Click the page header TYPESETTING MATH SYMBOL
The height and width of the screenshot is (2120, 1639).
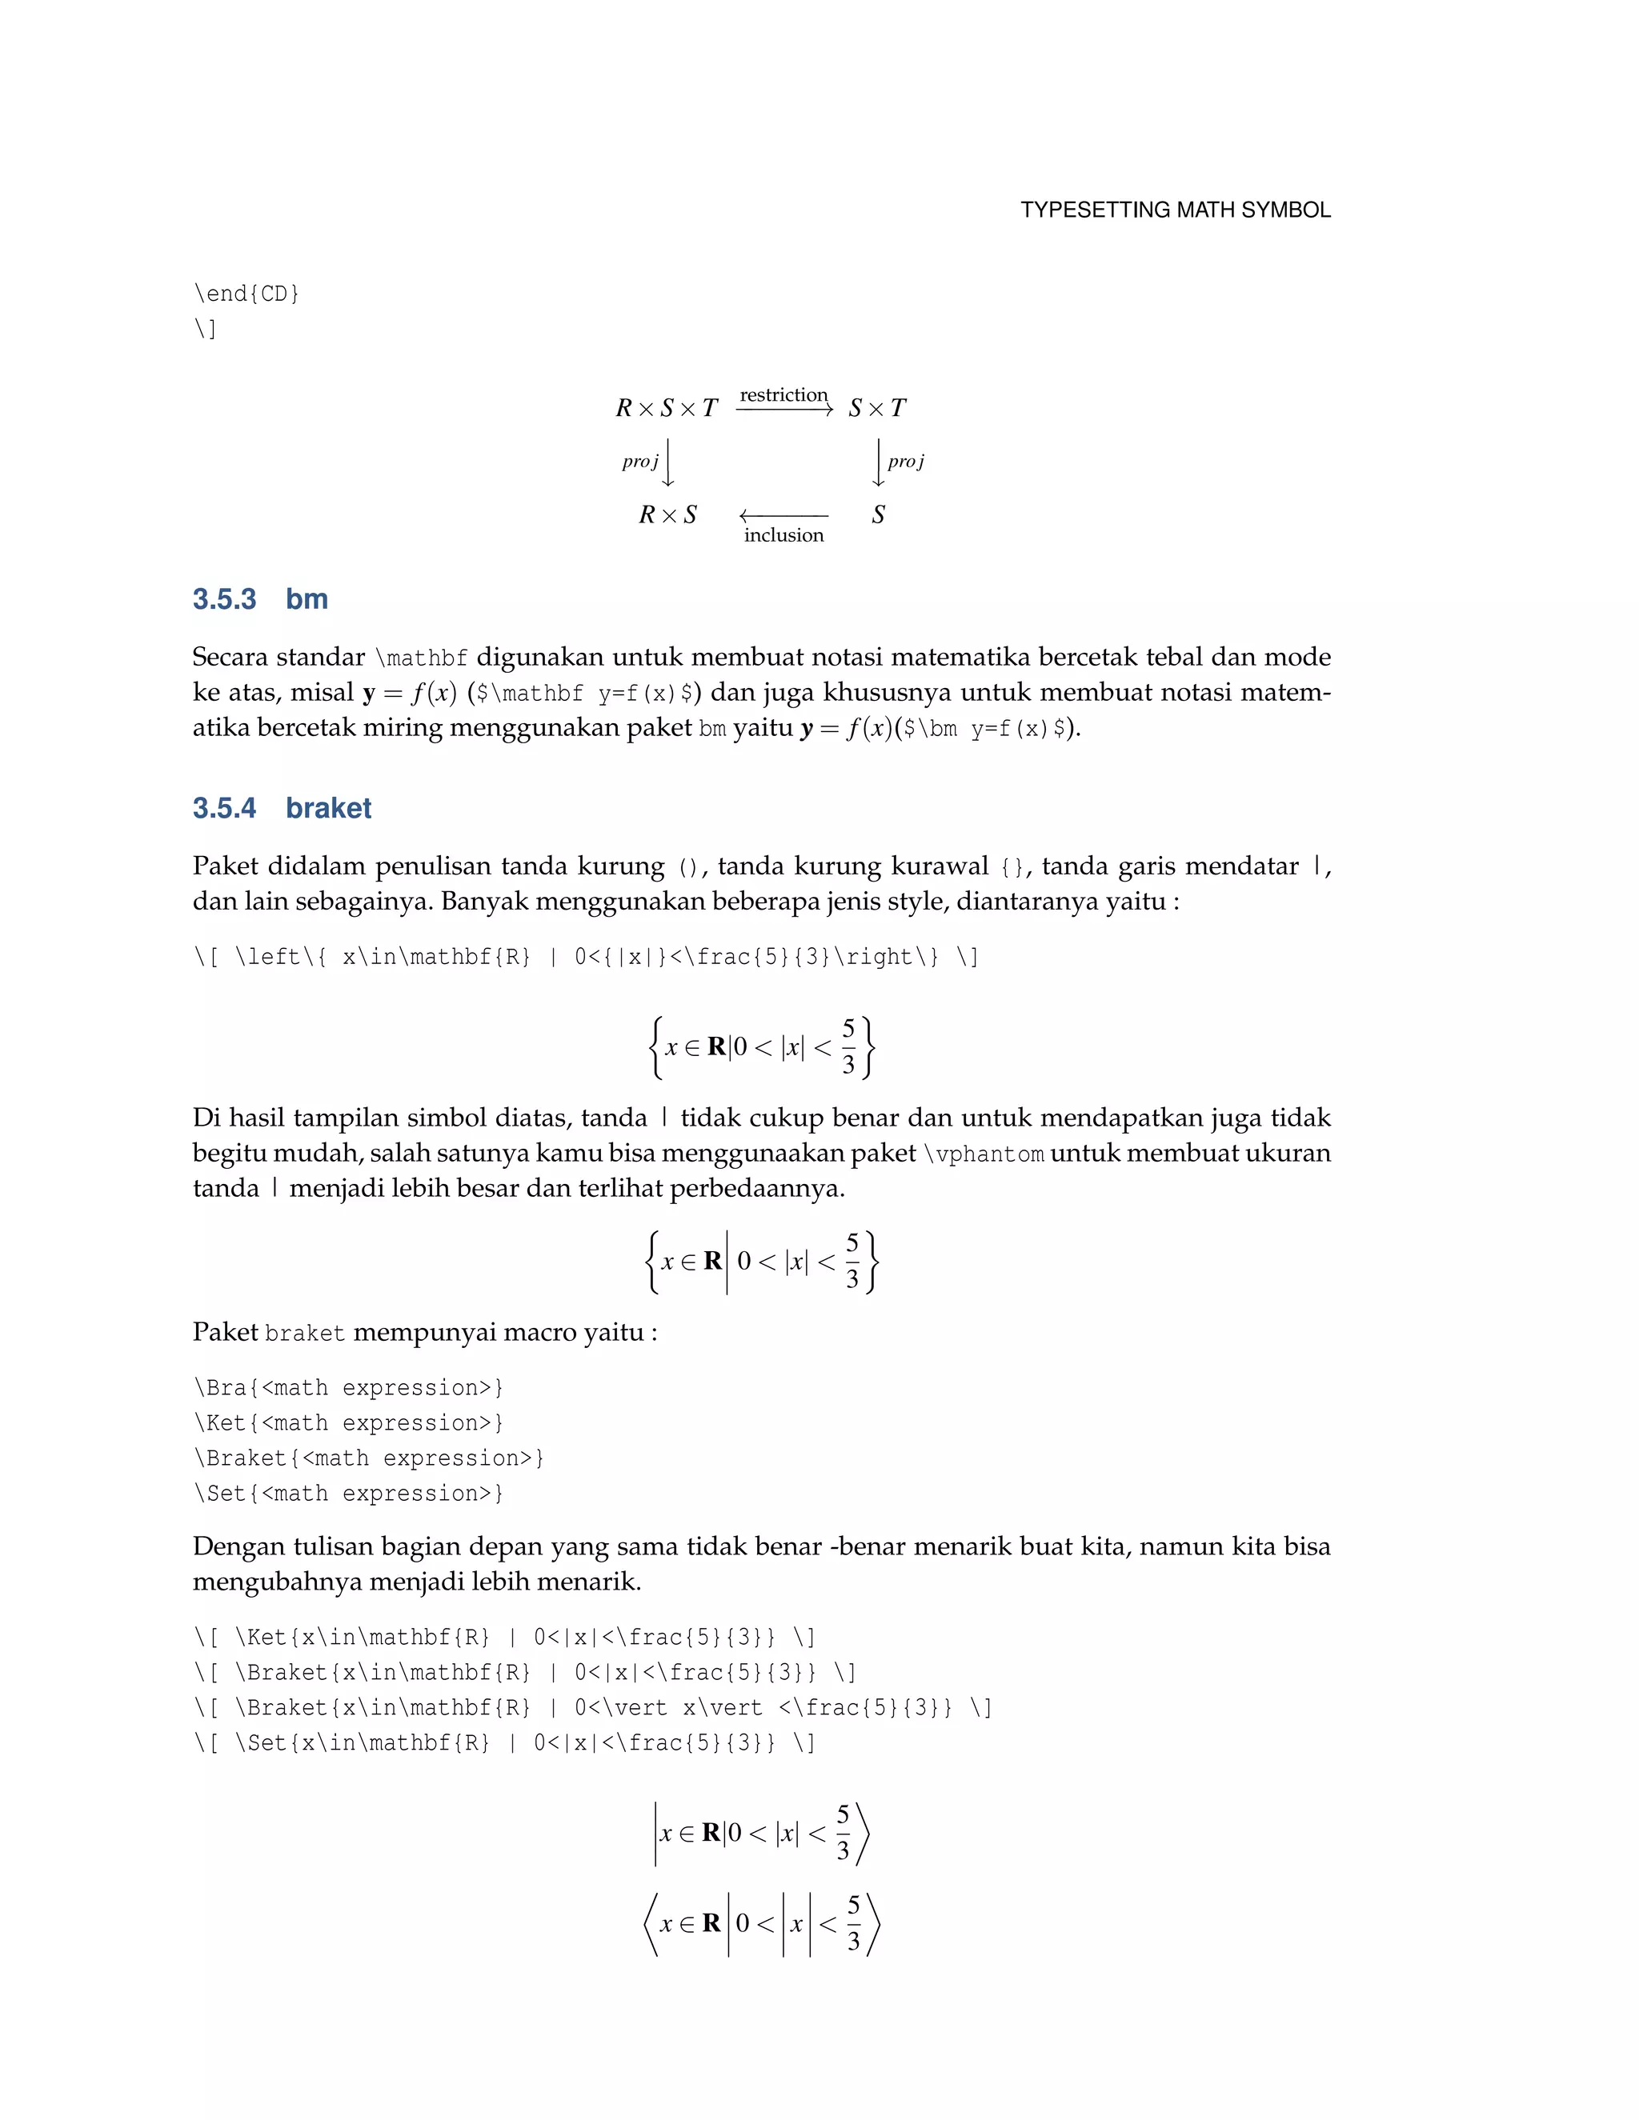1175,210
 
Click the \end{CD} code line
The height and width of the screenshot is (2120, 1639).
246,293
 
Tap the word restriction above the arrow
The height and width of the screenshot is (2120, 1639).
783,395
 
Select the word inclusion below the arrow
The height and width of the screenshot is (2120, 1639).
783,535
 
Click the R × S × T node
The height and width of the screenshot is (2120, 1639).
666,408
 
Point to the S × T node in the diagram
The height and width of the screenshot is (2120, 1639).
877,408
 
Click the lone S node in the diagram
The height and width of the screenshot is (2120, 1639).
878,514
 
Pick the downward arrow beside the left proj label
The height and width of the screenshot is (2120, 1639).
668,462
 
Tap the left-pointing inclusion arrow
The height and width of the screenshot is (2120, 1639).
783,515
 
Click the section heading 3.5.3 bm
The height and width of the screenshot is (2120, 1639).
260,599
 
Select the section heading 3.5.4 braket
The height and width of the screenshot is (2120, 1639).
282,808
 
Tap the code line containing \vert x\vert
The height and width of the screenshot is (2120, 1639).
592,1707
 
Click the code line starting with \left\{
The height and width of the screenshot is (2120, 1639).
586,957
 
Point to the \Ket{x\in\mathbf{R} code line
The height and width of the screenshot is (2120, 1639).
504,1638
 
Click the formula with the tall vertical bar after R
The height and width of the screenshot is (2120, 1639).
762,1262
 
